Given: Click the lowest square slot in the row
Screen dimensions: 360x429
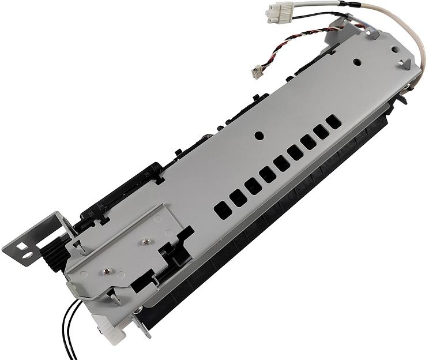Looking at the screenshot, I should (222, 209).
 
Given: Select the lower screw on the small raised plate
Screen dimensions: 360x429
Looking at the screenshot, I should (106, 269).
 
